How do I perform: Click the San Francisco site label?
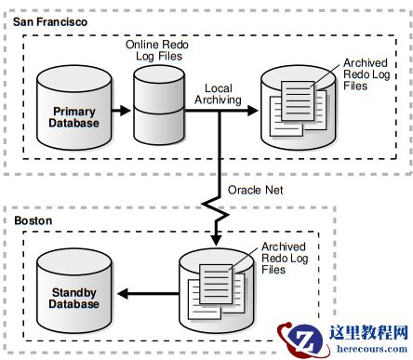(50, 22)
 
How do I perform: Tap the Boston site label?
(33, 220)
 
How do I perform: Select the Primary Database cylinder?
(74, 108)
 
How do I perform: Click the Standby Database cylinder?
(74, 291)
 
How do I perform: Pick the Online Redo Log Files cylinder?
(159, 105)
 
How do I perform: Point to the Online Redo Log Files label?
(157, 50)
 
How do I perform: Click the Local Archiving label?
(218, 94)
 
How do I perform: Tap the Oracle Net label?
(255, 190)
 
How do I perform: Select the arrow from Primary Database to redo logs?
(121, 110)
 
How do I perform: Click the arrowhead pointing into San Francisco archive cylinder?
(253, 110)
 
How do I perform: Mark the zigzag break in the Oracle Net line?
(216, 209)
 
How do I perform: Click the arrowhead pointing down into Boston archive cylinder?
(216, 240)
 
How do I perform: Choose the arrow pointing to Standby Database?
(148, 294)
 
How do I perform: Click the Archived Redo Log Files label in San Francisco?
(366, 74)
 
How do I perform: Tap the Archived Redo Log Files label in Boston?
(285, 258)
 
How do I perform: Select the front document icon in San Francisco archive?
(298, 101)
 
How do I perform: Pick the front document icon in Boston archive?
(216, 285)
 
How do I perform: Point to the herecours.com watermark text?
(372, 349)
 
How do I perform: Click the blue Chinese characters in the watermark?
(368, 333)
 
